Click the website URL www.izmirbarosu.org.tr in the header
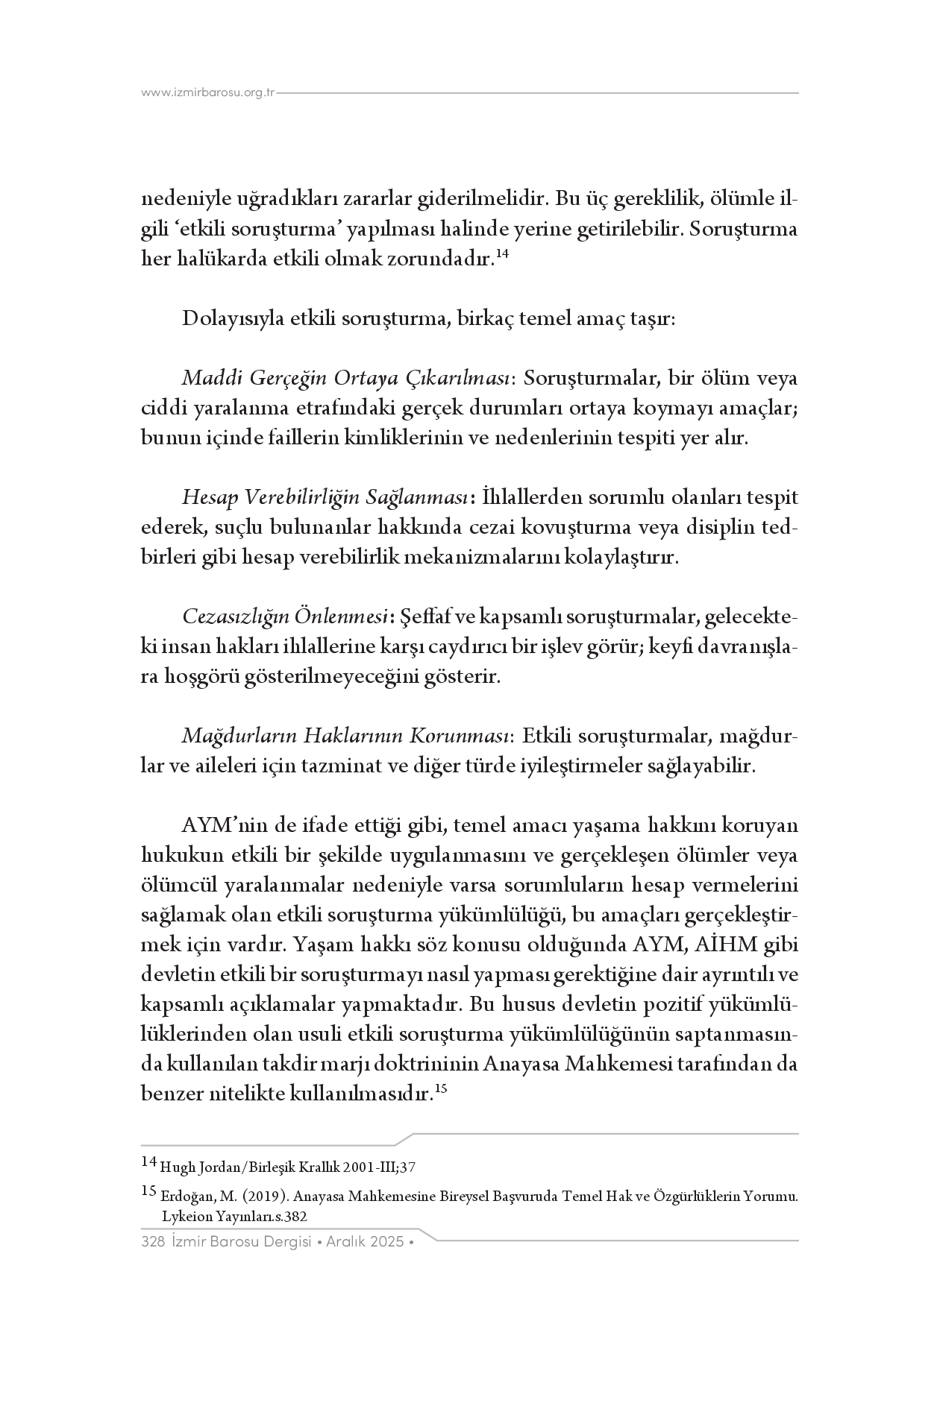[x=208, y=93]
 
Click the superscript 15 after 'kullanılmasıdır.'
[x=440, y=1089]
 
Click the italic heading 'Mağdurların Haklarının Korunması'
[x=345, y=737]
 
